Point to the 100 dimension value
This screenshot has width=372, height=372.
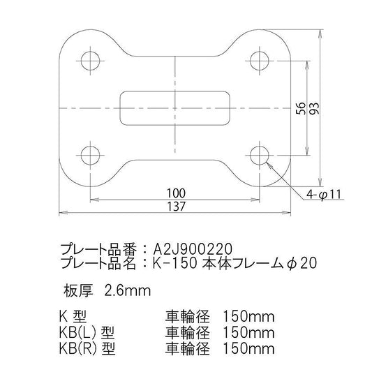pos(176,193)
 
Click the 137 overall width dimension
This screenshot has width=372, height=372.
pos(176,207)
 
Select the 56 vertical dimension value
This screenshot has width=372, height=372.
pos(302,108)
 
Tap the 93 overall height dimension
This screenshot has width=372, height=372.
pos(315,108)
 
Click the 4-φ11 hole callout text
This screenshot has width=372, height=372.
pos(324,195)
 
